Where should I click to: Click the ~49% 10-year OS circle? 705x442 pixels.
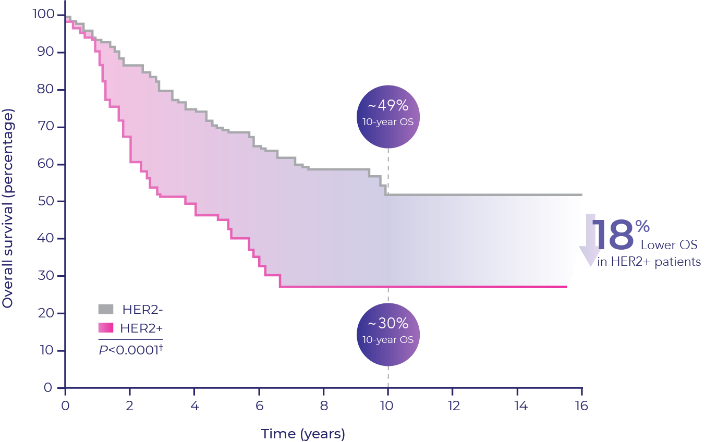coord(388,116)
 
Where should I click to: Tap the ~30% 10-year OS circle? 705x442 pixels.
coord(388,334)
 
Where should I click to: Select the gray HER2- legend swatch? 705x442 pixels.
coord(105,310)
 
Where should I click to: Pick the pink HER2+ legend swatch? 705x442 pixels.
coord(105,328)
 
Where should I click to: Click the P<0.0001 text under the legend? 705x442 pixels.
coord(130,350)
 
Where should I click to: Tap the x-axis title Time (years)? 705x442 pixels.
coord(303,434)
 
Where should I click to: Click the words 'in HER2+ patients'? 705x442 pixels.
coord(649,262)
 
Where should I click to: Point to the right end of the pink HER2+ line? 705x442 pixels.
coord(566,287)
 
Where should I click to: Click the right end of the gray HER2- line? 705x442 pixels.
coord(581,194)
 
